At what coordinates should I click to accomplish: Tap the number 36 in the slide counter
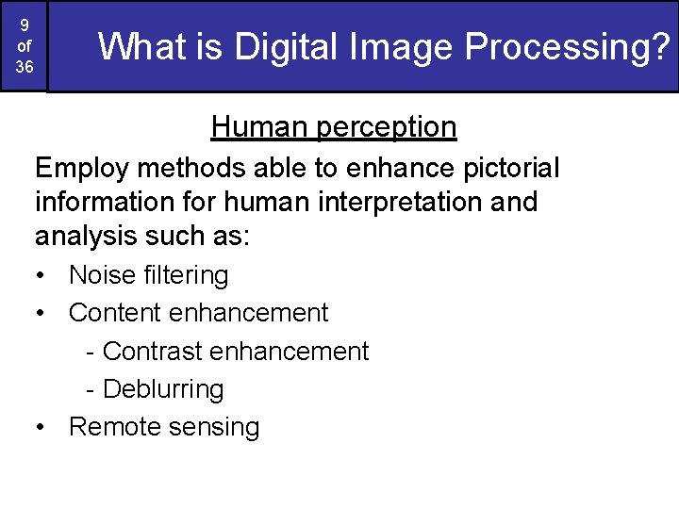(24, 67)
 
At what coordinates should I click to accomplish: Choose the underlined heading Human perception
(334, 126)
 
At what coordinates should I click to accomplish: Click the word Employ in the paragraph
(83, 169)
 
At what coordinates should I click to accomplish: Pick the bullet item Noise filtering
(148, 275)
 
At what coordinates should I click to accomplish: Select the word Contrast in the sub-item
(154, 352)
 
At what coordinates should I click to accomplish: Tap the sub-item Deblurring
(162, 389)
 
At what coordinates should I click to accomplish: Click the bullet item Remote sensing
(164, 427)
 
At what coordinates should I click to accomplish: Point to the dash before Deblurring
(91, 389)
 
